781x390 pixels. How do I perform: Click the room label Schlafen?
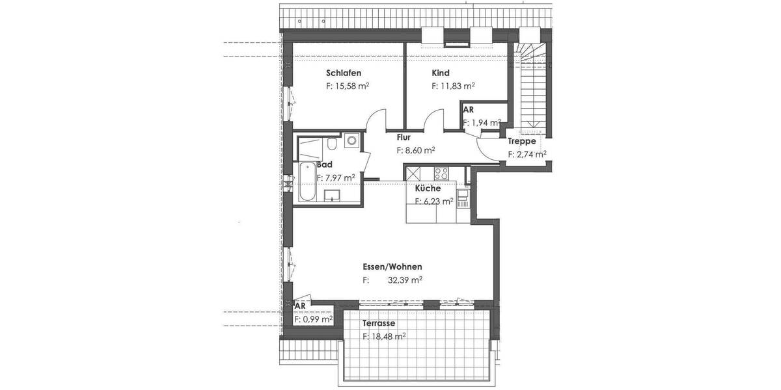[x=344, y=73]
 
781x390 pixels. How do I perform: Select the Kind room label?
[x=441, y=73]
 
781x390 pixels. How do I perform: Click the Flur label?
[x=404, y=137]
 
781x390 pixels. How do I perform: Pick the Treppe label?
[x=522, y=141]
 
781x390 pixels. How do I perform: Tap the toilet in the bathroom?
[x=332, y=143]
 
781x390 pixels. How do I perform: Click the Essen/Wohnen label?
[x=392, y=266]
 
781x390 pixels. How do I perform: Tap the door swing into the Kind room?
[x=433, y=121]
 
